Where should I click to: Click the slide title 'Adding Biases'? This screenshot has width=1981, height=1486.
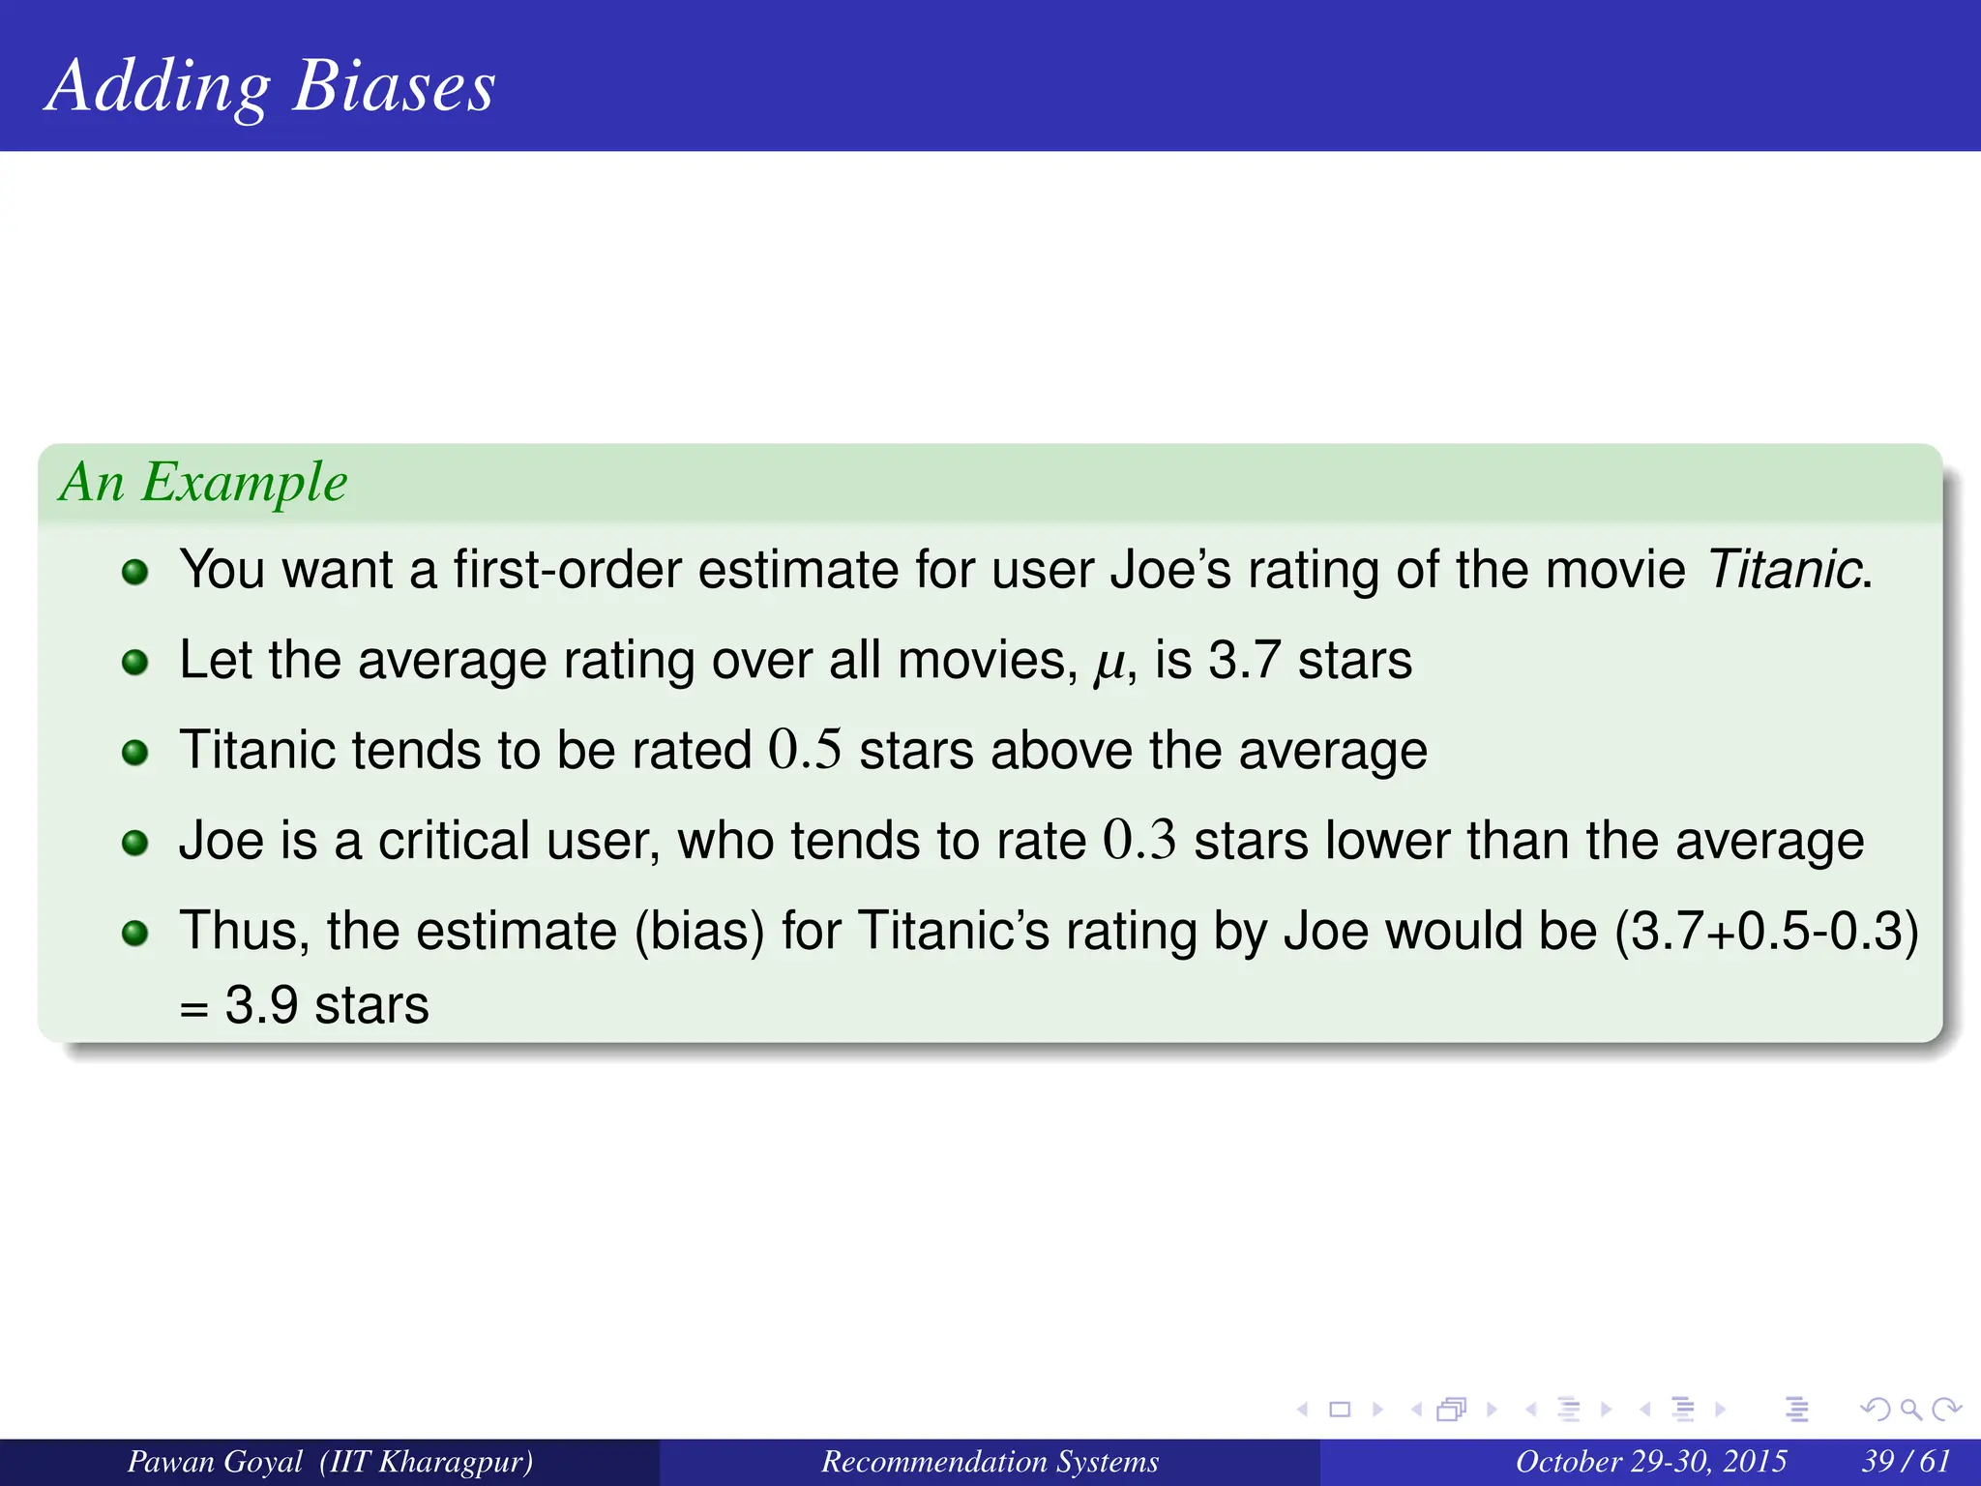pos(270,87)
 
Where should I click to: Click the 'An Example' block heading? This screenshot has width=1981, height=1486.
pos(203,482)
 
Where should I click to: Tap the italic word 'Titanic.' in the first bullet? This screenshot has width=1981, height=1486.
pos(1789,569)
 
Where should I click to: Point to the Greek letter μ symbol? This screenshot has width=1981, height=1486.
pos(1109,664)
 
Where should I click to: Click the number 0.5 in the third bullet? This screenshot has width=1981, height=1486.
pos(805,750)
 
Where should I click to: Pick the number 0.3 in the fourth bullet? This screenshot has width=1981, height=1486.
pos(1139,840)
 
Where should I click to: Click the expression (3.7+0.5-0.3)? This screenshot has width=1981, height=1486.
pos(1766,931)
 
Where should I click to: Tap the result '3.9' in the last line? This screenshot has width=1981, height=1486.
pos(261,1005)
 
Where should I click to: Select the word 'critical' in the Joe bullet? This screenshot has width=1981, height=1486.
pos(454,840)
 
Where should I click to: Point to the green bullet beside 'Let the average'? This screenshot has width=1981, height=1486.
pos(135,663)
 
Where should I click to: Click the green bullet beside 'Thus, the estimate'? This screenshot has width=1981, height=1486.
pos(135,933)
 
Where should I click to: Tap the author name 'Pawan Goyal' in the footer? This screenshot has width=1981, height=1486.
pos(215,1462)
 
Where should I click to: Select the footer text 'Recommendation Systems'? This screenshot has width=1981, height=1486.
pos(990,1462)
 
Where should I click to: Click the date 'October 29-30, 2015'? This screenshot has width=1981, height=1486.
pos(1650,1462)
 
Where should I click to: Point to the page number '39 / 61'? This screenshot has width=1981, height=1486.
pos(1906,1462)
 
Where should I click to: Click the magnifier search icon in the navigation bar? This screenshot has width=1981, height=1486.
pos(1910,1410)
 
